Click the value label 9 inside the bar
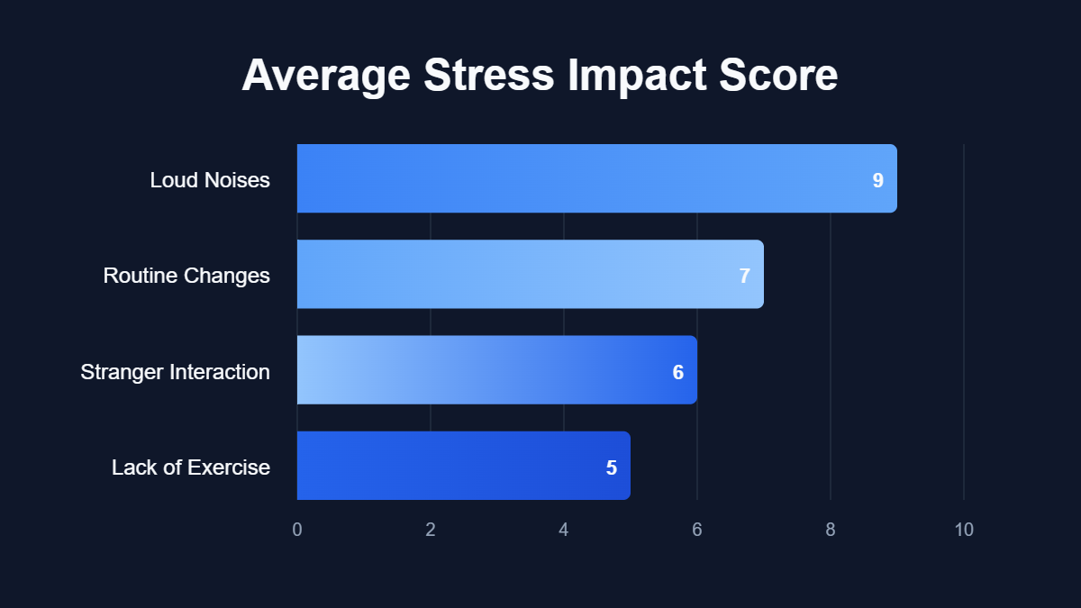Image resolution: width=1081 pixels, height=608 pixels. [877, 180]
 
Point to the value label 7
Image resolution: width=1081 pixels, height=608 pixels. [744, 276]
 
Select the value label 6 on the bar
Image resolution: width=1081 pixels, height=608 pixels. [677, 372]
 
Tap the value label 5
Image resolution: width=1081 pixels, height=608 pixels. [611, 467]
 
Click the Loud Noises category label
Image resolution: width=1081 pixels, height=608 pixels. [210, 180]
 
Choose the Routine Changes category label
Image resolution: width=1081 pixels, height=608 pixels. [186, 276]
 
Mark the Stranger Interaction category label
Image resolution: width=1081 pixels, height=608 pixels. [176, 371]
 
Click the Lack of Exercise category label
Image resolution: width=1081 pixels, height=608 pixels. [191, 467]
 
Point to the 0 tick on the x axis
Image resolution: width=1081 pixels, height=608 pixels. [297, 530]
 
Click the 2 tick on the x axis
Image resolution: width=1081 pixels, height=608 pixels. [431, 530]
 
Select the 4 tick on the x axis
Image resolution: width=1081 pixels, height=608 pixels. [564, 530]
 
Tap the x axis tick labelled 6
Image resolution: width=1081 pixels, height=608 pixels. [697, 530]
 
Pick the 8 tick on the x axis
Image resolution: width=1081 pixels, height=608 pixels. [831, 530]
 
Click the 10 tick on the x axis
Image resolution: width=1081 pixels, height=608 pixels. [964, 530]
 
